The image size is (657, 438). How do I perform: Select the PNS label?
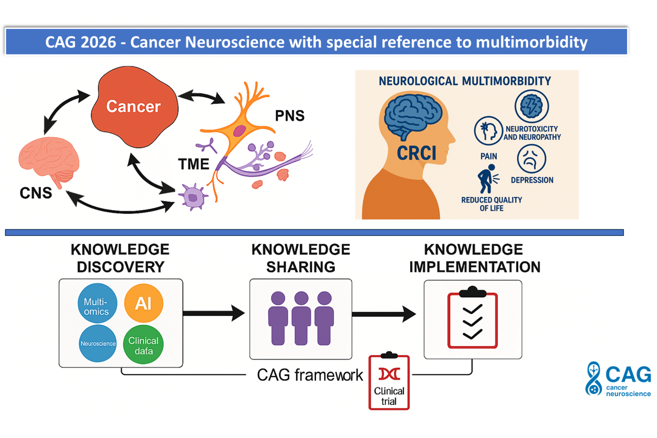(x=290, y=116)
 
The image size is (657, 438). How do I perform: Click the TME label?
(x=194, y=164)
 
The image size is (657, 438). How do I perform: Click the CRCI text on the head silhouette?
(x=416, y=153)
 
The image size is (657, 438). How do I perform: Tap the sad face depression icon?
(x=531, y=159)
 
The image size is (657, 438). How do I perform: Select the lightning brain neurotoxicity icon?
(x=532, y=106)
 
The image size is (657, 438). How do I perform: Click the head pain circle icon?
(x=488, y=130)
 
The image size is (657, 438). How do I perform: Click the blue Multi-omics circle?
(x=97, y=303)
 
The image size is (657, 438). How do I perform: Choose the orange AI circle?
(x=143, y=303)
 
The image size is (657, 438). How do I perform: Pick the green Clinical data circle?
(x=143, y=345)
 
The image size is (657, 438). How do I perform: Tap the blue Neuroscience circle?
(x=98, y=344)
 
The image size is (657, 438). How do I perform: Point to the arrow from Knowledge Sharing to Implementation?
(x=384, y=314)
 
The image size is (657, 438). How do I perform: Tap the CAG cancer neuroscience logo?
(x=618, y=379)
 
